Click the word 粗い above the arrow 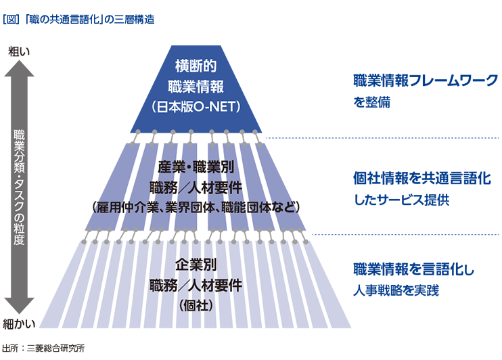[x=19, y=51]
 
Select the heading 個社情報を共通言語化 [x=416, y=179]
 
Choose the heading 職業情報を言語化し [x=414, y=268]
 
